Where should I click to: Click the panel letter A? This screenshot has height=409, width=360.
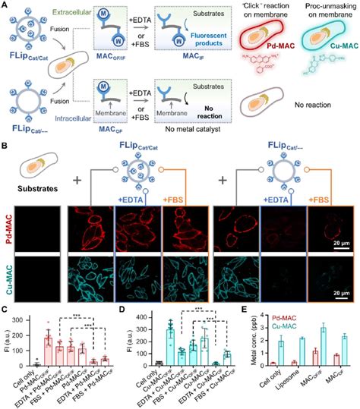coord(5,5)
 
